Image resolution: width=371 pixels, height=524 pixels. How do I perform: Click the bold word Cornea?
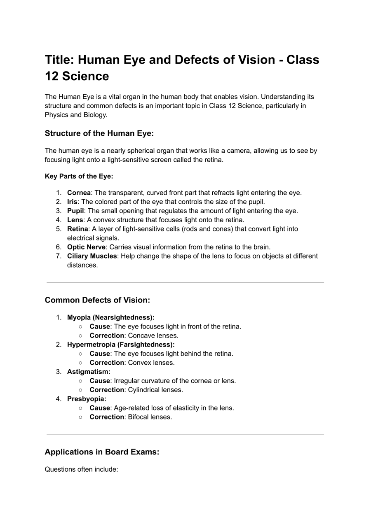[79, 193]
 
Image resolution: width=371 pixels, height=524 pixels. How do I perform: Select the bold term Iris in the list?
[72, 202]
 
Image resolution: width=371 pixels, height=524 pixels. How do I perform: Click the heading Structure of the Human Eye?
[99, 133]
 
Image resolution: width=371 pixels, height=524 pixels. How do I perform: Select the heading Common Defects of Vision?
[97, 300]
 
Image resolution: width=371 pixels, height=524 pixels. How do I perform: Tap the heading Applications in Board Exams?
[102, 452]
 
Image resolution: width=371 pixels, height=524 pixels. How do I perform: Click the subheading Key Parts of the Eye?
[79, 176]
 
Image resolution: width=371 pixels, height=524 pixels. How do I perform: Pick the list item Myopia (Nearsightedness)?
[110, 317]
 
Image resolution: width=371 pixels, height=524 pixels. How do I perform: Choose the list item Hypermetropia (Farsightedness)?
[121, 345]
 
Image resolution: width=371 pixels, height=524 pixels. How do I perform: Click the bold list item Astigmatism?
[89, 372]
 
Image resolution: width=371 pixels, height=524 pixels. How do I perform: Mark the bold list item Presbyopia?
[87, 399]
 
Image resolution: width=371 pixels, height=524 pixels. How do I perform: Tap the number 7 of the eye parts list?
[59, 256]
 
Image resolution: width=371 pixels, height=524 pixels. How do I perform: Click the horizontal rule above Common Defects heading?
[185, 283]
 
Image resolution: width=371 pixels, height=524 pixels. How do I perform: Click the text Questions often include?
[81, 469]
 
